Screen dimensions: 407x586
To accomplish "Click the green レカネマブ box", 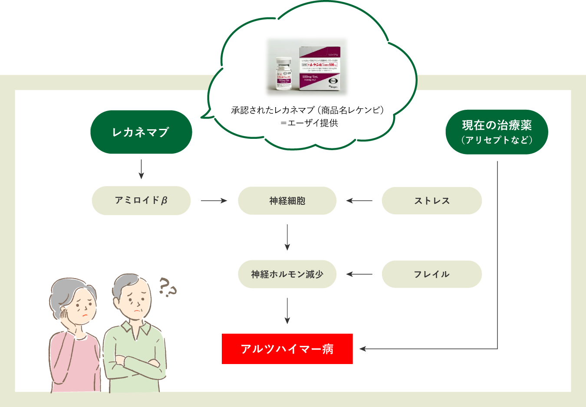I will (x=141, y=132).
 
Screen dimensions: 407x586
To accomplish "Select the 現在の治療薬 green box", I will (x=497, y=132).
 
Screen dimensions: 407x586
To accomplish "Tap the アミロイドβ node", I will (x=141, y=200).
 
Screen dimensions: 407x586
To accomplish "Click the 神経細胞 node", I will (x=287, y=200).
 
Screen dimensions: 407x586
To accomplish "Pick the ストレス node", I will (x=431, y=200).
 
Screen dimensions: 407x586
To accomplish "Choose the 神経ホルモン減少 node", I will (x=287, y=274).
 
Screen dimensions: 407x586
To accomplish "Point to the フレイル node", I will (x=431, y=274).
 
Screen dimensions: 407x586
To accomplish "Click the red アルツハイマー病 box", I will (x=287, y=349).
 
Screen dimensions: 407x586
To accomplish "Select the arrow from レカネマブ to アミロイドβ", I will (x=141, y=169).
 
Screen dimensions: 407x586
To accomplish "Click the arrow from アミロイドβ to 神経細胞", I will (x=214, y=200).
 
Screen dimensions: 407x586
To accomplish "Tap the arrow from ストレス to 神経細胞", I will (x=359, y=200).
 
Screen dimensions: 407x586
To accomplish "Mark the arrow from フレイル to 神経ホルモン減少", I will (x=359, y=274).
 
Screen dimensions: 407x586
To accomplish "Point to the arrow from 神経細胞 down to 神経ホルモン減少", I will (x=287, y=237).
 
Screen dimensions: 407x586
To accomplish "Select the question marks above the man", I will (x=167, y=287).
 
